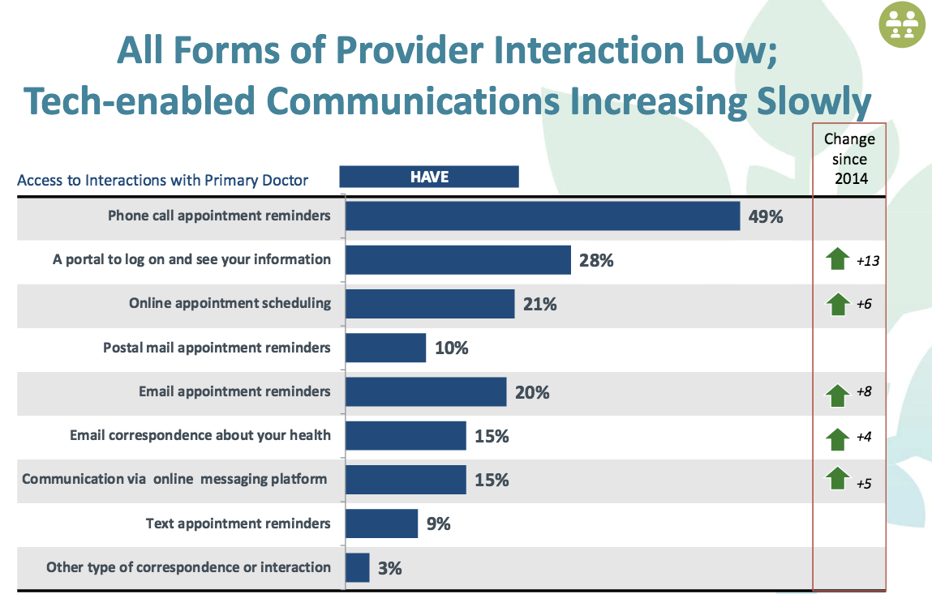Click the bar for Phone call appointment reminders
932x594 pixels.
(542, 216)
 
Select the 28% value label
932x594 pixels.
(596, 261)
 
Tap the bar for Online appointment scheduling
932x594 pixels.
(430, 304)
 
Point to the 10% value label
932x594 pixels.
(451, 348)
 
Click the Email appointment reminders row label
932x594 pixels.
(234, 391)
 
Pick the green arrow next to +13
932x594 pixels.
(835, 260)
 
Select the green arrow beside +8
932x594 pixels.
(835, 395)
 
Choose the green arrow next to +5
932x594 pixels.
(835, 478)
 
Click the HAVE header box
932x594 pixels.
(428, 177)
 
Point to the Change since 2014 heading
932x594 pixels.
(849, 159)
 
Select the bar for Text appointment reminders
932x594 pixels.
(381, 523)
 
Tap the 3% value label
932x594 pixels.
(389, 568)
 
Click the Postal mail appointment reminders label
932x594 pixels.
(217, 348)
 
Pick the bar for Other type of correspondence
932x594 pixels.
(358, 567)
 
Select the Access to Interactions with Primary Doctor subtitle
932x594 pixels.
(162, 180)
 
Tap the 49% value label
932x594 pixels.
(766, 216)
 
